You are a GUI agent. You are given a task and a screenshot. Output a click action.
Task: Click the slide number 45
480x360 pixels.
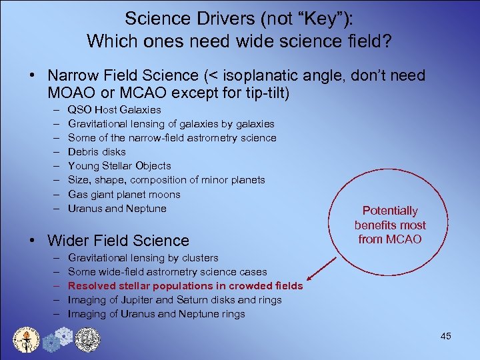[x=445, y=336]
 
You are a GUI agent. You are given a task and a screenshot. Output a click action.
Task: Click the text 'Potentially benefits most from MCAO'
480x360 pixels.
[x=390, y=225]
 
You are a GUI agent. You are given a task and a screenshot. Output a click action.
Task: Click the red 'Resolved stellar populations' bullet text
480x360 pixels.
[x=185, y=286]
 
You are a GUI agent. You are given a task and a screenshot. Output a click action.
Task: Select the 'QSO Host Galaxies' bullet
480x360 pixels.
[x=114, y=109]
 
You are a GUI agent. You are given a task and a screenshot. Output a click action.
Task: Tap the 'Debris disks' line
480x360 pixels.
[x=97, y=151]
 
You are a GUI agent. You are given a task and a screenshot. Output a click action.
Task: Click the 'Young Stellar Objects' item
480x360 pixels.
[x=119, y=165]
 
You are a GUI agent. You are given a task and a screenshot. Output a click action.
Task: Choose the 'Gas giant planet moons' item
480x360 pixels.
[x=124, y=194]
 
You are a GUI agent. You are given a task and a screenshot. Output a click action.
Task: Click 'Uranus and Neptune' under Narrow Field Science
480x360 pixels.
[x=117, y=208]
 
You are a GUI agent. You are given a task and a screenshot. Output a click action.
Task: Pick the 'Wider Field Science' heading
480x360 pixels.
[x=118, y=240]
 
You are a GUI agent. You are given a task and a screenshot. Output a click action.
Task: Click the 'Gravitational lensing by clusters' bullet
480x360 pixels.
[x=143, y=257]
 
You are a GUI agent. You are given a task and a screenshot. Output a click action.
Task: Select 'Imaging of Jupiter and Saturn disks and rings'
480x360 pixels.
[x=175, y=300]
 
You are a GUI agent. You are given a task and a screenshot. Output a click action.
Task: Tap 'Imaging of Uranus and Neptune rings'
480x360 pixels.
[x=157, y=314]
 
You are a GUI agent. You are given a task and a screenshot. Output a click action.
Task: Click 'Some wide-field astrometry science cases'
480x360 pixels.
[x=167, y=272]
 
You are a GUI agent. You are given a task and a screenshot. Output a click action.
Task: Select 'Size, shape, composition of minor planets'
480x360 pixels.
[x=166, y=180]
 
